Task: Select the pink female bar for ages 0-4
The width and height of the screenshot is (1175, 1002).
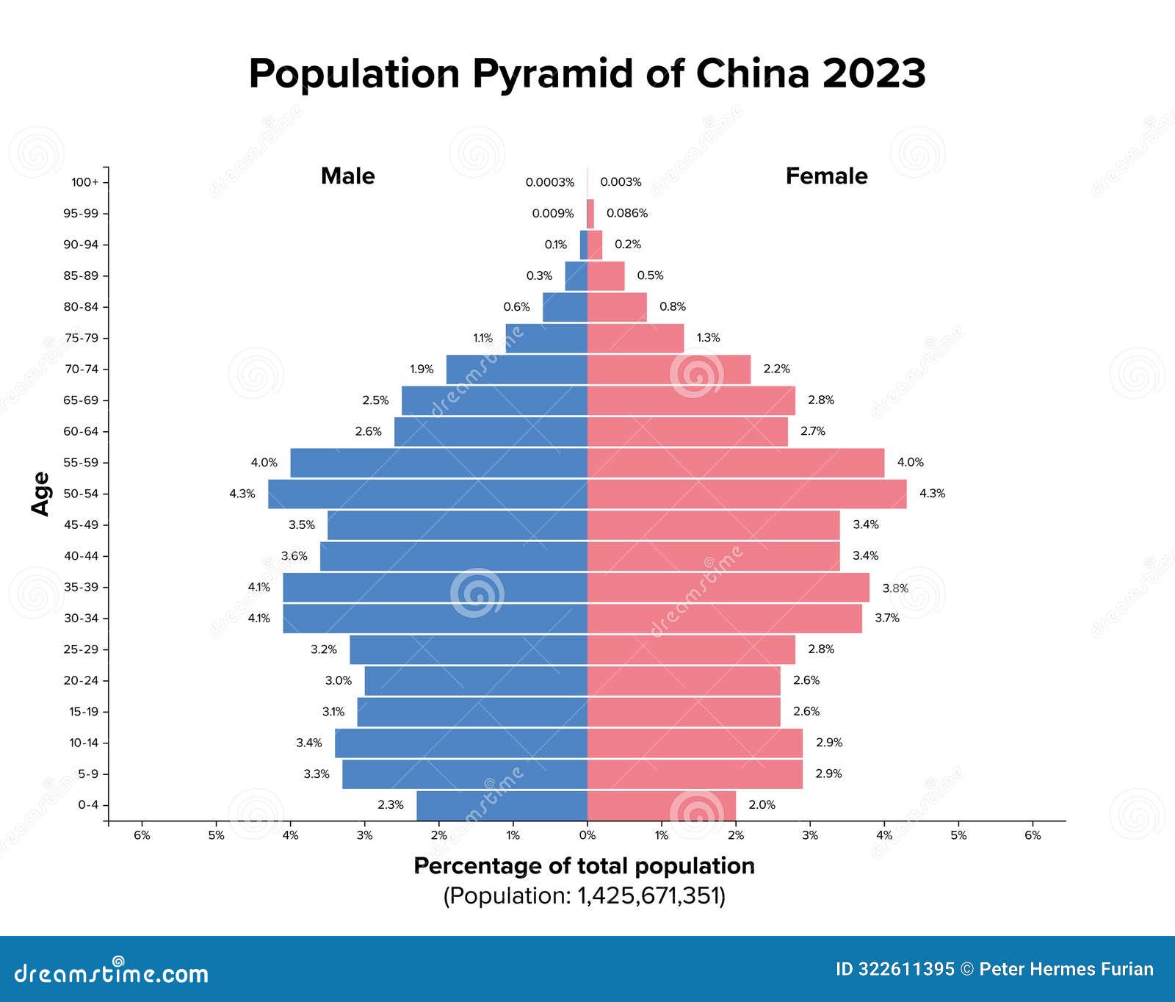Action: click(661, 805)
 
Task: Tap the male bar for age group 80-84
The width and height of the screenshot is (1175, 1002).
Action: click(565, 307)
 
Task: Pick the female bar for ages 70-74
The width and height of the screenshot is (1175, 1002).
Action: click(668, 370)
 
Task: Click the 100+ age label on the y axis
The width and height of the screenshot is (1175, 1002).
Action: click(84, 182)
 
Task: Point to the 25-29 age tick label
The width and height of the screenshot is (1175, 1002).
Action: click(81, 649)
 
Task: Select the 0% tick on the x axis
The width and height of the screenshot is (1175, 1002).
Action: click(587, 835)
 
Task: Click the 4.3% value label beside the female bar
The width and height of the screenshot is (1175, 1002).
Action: click(932, 494)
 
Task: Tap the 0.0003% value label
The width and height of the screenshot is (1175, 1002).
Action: click(549, 182)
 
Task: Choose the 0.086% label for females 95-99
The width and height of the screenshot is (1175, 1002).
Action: click(626, 213)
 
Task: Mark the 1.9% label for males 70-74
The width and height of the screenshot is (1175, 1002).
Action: click(422, 370)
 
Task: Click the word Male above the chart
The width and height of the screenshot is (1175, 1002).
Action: click(347, 176)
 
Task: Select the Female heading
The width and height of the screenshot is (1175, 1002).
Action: click(826, 176)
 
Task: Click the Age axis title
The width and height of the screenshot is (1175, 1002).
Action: click(41, 494)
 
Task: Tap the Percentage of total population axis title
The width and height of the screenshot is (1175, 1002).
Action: click(584, 866)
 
